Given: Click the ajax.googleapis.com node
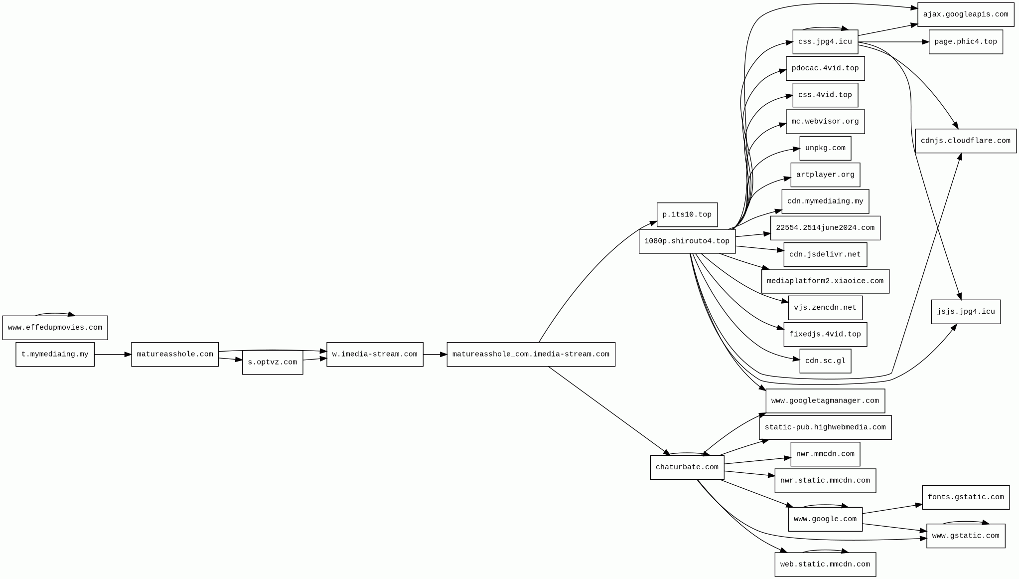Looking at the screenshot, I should point(965,14).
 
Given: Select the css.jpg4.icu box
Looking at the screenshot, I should point(825,42).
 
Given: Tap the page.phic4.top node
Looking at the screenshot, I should point(965,42).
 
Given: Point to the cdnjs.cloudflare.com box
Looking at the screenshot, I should point(965,141).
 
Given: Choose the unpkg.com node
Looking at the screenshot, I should point(825,148).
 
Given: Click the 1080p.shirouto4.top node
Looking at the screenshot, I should point(687,241).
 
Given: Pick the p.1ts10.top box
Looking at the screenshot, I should point(687,215).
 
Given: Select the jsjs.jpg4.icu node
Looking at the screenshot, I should point(965,312).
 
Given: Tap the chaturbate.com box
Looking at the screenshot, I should point(687,467).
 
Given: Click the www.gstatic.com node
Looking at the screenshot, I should point(965,536).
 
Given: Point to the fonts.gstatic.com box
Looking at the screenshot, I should point(965,497).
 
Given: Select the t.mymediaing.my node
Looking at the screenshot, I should point(55,355).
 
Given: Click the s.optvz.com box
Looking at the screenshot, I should point(272,363).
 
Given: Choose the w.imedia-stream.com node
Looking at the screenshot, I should point(375,355).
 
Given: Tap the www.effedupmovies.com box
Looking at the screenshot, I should point(55,328).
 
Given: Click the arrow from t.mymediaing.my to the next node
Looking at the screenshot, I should point(113,355).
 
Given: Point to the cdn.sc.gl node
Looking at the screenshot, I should point(825,361).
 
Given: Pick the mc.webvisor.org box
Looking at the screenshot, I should point(825,122).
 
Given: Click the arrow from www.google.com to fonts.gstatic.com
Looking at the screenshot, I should point(892,509).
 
